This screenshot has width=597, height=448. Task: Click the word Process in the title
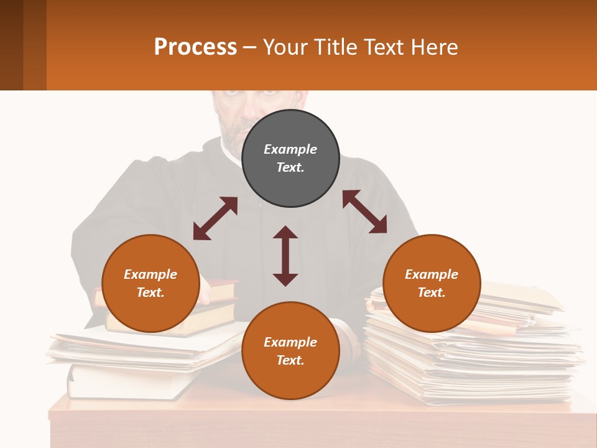[x=195, y=47]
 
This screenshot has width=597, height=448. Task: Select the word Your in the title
[x=285, y=47]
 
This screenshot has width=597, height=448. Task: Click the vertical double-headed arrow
[x=285, y=256]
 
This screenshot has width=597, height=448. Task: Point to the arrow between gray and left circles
[x=215, y=218]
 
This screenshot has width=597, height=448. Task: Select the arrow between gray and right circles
[x=365, y=212]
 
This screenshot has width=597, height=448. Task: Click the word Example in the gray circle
[x=290, y=149]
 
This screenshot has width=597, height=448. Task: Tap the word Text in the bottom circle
[x=290, y=360]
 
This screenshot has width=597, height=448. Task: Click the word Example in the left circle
[x=150, y=274]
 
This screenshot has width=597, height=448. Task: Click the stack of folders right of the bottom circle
[x=473, y=361]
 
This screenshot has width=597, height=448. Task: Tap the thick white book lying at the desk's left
[x=124, y=381]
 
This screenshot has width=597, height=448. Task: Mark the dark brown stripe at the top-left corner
[x=11, y=45]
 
